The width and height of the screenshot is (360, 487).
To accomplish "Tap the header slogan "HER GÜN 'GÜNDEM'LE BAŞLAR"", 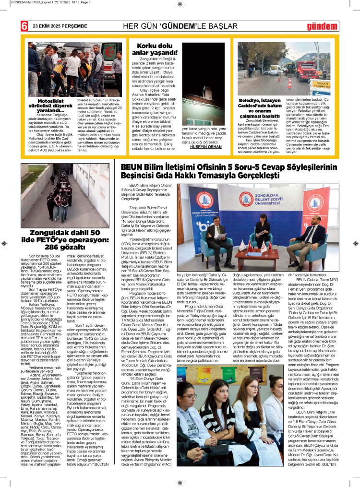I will [x=180, y=26].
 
